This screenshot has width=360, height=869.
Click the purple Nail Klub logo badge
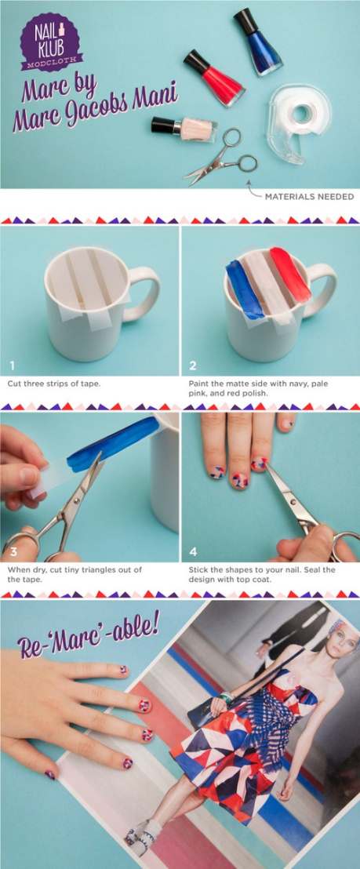50,42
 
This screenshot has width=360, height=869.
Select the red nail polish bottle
214,78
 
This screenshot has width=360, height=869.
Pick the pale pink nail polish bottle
184,129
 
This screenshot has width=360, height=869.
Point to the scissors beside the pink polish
221,157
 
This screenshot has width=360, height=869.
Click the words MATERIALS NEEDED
309,196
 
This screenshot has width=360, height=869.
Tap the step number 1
13,365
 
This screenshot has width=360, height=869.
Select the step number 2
193,365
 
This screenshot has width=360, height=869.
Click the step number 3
13,551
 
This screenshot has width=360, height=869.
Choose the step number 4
193,551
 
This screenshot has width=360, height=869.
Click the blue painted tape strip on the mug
244,289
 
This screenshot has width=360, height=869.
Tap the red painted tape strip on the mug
289,275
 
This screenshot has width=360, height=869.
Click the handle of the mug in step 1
144,294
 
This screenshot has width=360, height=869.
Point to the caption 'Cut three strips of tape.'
53,383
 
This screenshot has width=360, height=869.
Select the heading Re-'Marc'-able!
89,632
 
